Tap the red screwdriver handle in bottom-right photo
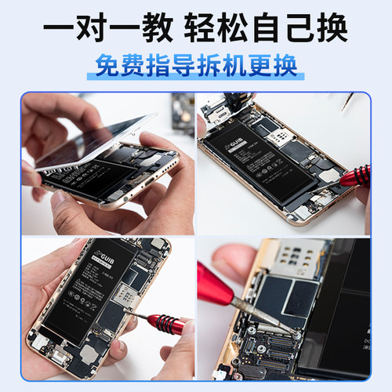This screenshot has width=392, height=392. [223, 282]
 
